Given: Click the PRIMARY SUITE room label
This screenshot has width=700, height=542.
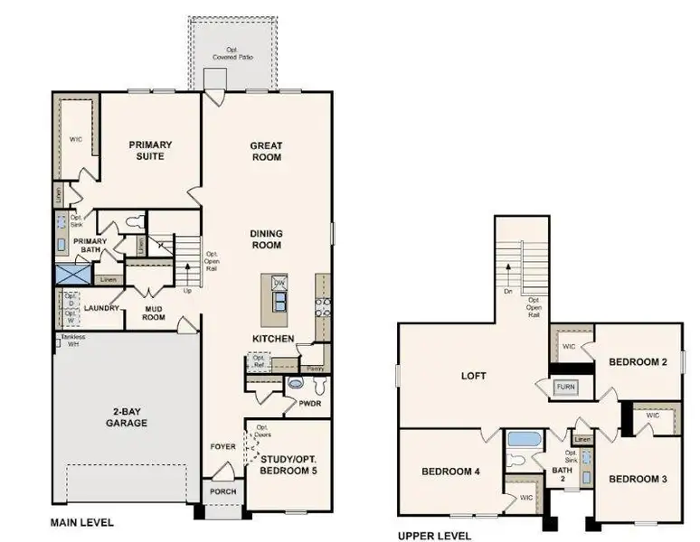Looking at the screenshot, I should pos(150,150).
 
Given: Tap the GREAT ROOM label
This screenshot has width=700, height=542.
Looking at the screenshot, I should pos(266,151).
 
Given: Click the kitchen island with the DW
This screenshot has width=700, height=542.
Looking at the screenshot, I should pos(276,299).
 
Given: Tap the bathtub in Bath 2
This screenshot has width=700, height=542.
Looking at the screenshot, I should pos(524,440).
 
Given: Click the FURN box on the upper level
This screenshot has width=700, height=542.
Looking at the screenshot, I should pos(566,387).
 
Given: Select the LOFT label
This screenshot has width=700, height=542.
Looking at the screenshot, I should pos(473,375).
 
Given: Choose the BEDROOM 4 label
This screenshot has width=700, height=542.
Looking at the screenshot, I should pos(450,472).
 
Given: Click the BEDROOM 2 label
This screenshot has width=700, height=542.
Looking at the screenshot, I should pos(638,361).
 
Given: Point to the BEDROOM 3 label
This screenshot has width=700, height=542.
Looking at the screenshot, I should pos(638,478).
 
